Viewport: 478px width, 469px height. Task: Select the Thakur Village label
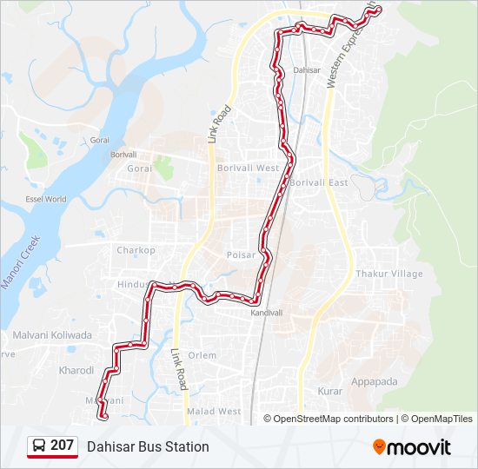coord(388,274)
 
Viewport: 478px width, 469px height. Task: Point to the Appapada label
coord(374,381)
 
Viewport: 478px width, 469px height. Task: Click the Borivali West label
coord(249,168)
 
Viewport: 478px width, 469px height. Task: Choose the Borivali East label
coord(319,182)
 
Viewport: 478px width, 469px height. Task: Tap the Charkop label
coord(136,250)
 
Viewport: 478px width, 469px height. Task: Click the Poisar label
coord(241,255)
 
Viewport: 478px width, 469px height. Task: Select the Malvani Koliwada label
coord(52,334)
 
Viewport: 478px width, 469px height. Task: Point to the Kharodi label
coord(76,370)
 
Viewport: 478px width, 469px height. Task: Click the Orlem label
coord(202,355)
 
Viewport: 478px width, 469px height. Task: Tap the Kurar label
coord(330,392)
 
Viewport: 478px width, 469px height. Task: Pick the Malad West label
coord(214,411)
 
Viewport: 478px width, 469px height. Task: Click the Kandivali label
coord(267,312)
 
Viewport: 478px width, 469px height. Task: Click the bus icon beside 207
coord(39,446)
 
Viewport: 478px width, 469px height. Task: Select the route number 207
coord(62,446)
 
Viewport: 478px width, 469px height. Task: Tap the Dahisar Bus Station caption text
coord(148,446)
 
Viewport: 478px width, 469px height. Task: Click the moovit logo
coord(412,447)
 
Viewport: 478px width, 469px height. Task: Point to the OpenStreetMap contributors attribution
coord(333,419)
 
